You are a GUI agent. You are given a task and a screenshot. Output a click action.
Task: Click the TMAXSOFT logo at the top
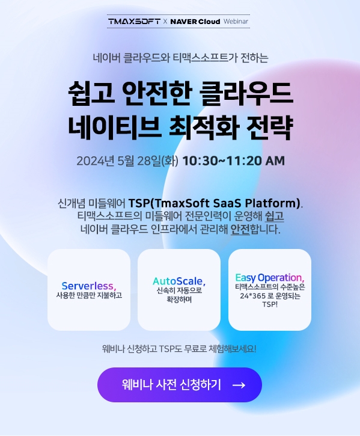(133, 21)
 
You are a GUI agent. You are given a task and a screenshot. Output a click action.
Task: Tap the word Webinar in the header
(236, 21)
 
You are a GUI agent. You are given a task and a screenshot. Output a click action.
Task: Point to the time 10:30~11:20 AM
(233, 161)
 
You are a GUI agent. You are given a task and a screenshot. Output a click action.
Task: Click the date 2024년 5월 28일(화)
(127, 161)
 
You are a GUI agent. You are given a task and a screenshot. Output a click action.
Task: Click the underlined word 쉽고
(274, 215)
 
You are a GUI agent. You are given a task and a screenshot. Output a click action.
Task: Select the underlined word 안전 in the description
(240, 229)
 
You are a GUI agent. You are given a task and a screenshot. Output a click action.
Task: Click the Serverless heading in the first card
(88, 285)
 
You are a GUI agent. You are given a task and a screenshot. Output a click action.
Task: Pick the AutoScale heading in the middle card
(178, 281)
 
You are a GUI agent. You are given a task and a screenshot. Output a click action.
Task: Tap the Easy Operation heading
(269, 277)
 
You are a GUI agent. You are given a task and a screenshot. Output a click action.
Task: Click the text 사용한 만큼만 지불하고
(89, 295)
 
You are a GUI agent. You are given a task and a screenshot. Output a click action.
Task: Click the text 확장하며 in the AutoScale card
(178, 299)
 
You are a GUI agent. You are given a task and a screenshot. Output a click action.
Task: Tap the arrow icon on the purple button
(238, 385)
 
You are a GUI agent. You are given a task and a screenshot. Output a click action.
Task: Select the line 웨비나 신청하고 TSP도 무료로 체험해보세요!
(179, 348)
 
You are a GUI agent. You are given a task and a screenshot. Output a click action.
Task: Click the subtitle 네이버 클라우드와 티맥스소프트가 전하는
(180, 58)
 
